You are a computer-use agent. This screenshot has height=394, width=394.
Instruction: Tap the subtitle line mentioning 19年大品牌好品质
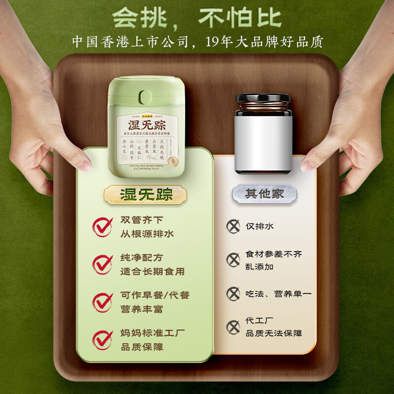click(197, 42)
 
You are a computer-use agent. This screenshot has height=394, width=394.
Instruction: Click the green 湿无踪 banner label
click(146, 194)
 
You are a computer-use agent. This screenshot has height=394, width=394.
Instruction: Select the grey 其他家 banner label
click(264, 194)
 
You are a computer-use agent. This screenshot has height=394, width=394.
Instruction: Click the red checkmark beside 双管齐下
click(103, 227)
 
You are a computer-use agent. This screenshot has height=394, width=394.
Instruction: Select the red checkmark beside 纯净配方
click(103, 264)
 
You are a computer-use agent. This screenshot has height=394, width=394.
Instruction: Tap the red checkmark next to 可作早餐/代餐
click(103, 301)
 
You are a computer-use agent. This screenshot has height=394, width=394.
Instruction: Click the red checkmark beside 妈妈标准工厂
click(103, 339)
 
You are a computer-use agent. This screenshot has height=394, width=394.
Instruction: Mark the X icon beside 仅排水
click(232, 226)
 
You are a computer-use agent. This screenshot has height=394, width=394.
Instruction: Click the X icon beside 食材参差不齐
click(232, 260)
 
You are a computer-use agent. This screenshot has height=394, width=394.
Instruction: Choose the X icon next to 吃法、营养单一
click(232, 294)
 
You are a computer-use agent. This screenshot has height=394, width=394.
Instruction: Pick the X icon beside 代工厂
click(232, 327)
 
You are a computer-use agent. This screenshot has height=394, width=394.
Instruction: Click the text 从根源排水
click(146, 233)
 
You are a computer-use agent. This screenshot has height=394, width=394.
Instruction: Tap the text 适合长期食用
click(153, 271)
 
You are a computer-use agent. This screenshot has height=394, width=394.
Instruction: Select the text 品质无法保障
click(274, 333)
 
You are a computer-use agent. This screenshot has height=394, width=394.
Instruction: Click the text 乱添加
click(260, 266)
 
